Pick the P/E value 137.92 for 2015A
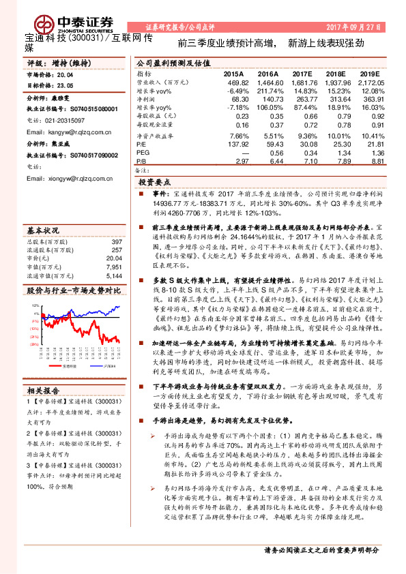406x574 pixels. coord(237,143)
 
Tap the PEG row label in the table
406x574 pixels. coord(143,153)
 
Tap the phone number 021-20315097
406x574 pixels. coord(68,120)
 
